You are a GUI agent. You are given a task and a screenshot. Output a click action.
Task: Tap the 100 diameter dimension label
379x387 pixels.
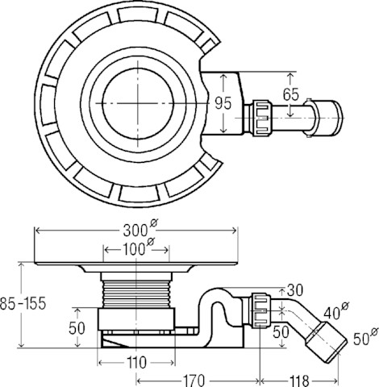click(x=139, y=248)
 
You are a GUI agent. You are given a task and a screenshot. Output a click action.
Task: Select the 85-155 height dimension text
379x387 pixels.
click(x=23, y=304)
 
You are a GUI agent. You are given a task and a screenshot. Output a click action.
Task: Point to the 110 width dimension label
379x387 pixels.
click(x=137, y=363)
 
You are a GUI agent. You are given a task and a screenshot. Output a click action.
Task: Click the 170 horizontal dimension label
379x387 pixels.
click(x=194, y=381)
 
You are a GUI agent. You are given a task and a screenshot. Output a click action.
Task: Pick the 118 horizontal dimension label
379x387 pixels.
click(x=299, y=381)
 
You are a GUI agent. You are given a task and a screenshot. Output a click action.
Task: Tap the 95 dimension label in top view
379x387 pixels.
click(x=223, y=103)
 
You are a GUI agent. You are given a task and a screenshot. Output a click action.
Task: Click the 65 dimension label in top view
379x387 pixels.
click(x=291, y=94)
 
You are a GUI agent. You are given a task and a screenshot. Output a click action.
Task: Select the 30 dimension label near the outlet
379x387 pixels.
click(x=295, y=290)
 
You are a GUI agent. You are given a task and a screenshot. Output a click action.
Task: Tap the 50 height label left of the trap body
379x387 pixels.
click(x=77, y=328)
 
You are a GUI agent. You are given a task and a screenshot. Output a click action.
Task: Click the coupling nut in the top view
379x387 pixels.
click(x=260, y=119)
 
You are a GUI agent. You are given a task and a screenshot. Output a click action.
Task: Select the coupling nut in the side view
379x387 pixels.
click(x=260, y=310)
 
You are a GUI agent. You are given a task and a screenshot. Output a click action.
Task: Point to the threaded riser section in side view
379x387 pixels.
click(x=137, y=293)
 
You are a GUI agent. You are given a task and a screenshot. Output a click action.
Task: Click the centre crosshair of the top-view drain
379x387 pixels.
click(x=138, y=103)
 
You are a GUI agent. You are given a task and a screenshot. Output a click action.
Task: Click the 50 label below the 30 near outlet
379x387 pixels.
click(x=281, y=332)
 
